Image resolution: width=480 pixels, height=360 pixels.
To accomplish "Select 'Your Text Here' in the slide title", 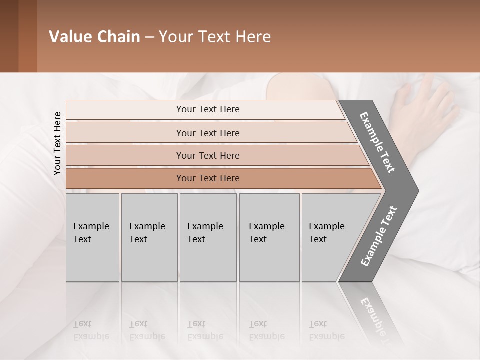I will point(215,37).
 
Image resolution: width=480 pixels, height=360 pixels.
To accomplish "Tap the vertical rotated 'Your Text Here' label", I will point(57,143).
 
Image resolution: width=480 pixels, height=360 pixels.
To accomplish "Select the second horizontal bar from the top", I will point(207,133).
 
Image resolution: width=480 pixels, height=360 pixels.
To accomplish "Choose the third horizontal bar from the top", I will point(207,155).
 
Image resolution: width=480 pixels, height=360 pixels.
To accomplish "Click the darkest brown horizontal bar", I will point(207,178).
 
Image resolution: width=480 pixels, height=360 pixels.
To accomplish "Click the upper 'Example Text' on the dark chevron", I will point(378,142).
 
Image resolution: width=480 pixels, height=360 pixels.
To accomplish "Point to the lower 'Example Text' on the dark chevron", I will point(379,236).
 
